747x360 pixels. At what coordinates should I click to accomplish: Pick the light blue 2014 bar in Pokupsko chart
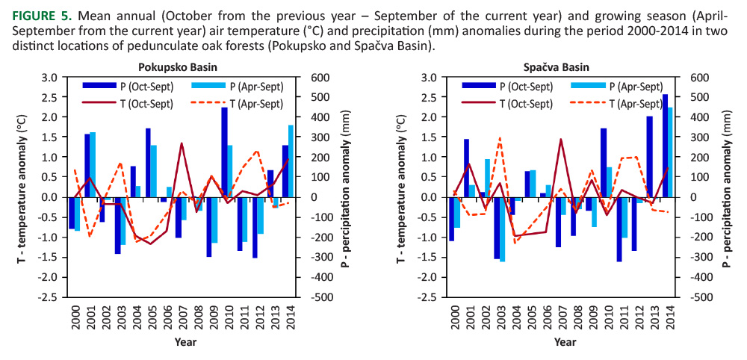pos(290,161)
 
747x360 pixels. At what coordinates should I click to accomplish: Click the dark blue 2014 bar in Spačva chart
pos(665,146)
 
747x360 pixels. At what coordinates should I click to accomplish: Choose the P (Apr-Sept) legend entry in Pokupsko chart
pos(238,87)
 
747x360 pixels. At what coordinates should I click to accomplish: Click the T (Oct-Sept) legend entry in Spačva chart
pos(526,103)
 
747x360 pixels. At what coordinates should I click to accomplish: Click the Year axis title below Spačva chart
pos(565,342)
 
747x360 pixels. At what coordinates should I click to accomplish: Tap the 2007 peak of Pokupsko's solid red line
pos(182,143)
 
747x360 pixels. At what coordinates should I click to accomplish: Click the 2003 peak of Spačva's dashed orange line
pos(500,138)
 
